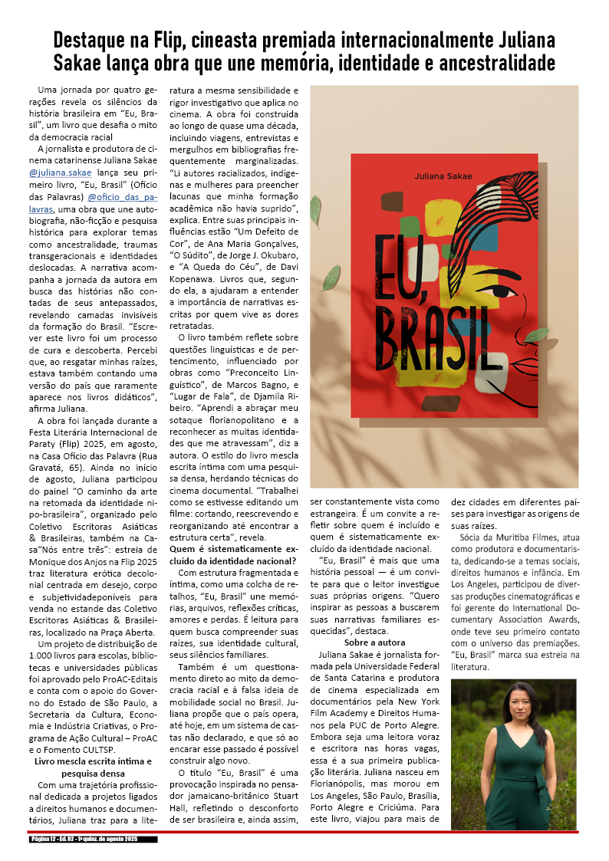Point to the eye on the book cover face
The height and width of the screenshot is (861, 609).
pos(503,291)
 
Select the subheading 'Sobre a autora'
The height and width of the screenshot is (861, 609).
pos(375,642)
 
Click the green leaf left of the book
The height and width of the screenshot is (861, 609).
pos(331,278)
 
